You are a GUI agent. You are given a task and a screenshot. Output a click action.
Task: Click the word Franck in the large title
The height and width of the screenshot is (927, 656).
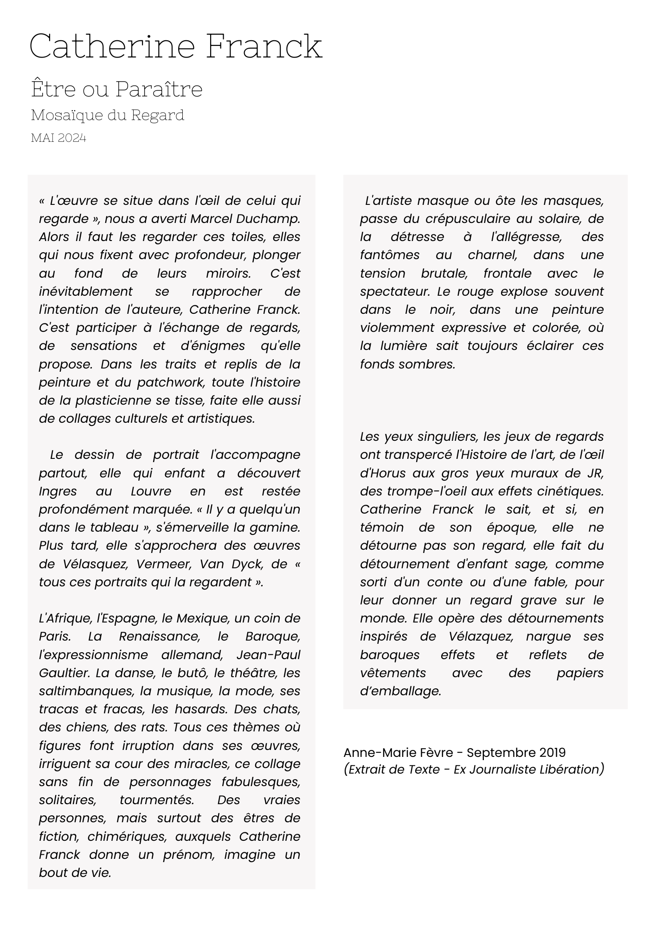pyautogui.click(x=264, y=46)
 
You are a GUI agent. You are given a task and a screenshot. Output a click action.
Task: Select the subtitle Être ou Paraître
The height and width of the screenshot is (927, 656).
pyautogui.click(x=117, y=89)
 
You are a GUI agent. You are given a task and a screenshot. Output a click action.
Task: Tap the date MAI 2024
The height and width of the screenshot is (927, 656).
pyautogui.click(x=58, y=138)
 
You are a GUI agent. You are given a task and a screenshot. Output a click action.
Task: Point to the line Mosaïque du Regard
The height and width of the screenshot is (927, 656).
pyautogui.click(x=108, y=115)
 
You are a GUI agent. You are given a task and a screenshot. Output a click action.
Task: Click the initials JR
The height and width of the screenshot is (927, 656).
pyautogui.click(x=594, y=473)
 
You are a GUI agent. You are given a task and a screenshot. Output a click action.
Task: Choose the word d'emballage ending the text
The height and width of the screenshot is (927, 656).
pyautogui.click(x=400, y=691)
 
